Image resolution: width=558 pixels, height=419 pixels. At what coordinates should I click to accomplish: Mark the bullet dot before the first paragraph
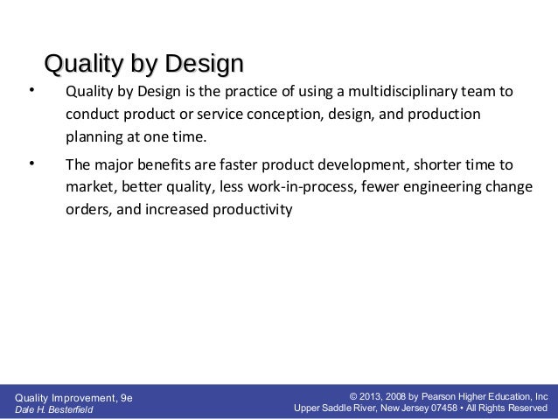click(x=31, y=90)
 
